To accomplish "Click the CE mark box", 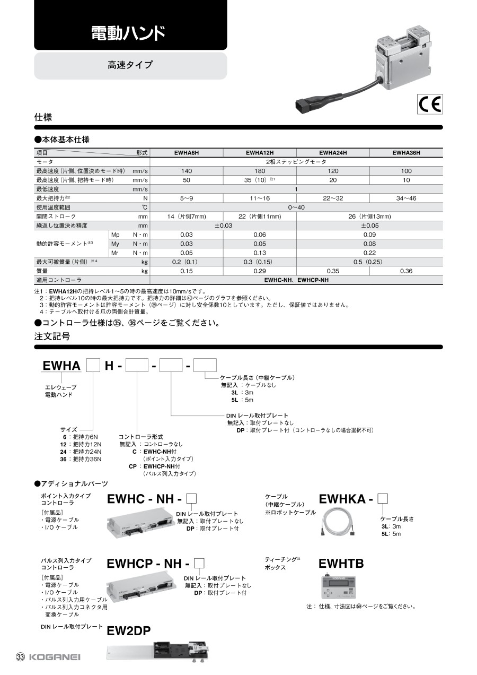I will (x=430, y=104).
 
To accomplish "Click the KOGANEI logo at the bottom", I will (x=55, y=657).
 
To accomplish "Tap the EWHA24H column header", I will (x=333, y=153).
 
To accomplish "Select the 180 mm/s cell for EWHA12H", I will (x=260, y=171).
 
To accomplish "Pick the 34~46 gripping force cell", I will (x=406, y=198).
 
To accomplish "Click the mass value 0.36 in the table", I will (x=406, y=271).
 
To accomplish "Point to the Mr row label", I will (x=114, y=253).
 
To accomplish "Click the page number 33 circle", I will (x=21, y=657).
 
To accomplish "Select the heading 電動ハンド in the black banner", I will (x=128, y=34).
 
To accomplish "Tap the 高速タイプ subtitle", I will (x=130, y=65).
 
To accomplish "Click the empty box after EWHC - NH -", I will (x=192, y=498).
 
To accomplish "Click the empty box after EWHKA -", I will (x=384, y=498).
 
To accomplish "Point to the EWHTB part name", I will (x=341, y=564).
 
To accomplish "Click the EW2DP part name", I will (x=129, y=630).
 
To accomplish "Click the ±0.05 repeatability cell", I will (x=369, y=226).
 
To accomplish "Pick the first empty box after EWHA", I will (x=93, y=366).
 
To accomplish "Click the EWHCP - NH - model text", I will (x=148, y=564).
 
